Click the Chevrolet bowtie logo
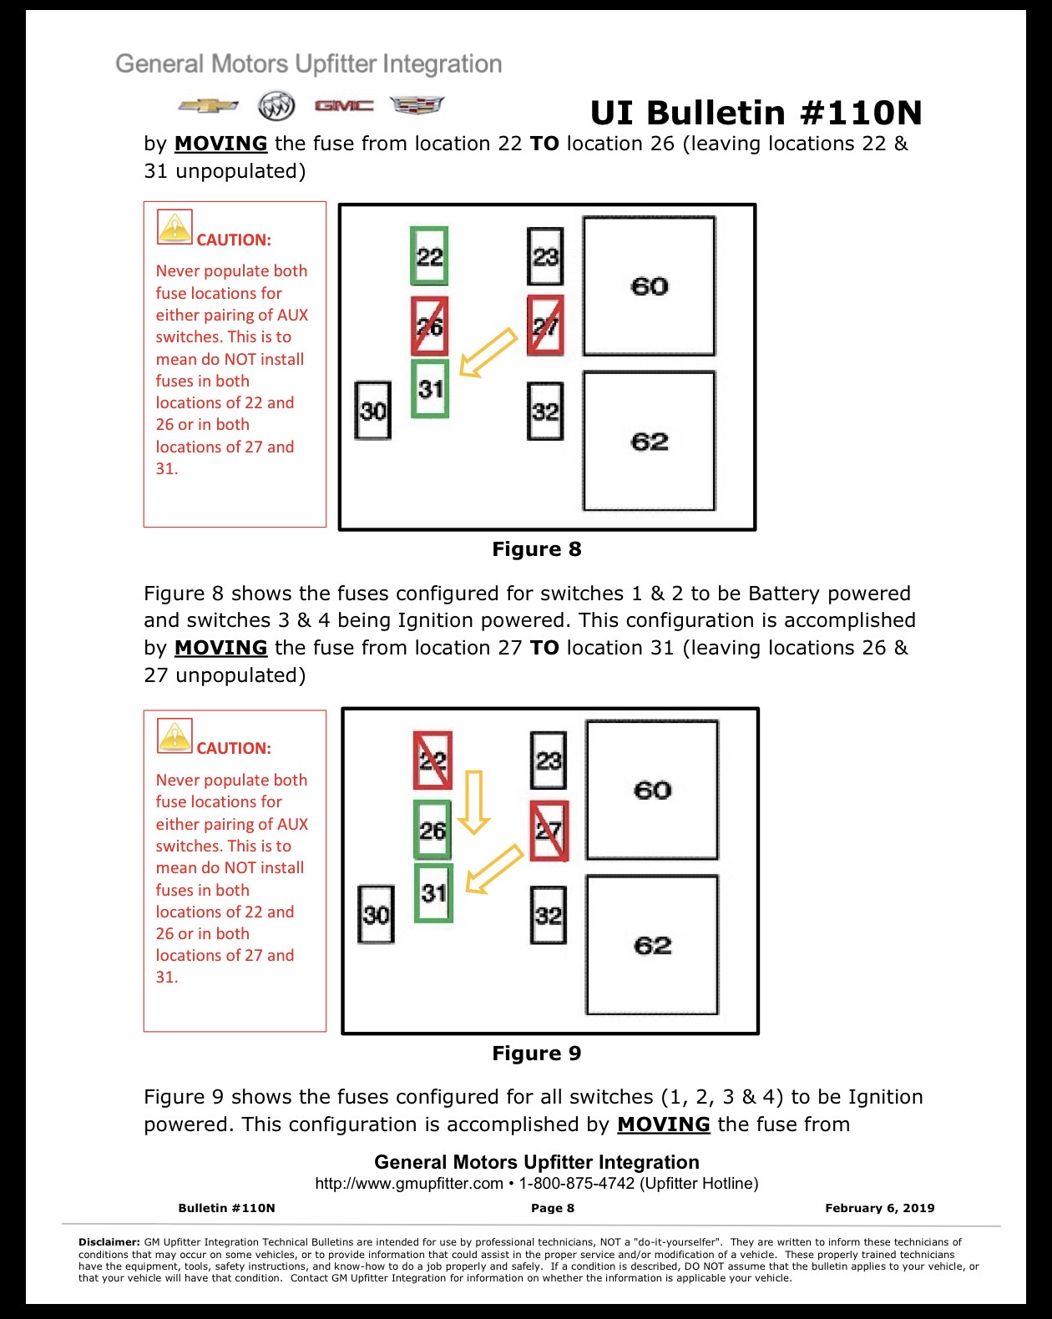click(x=209, y=106)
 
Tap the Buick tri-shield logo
click(x=276, y=106)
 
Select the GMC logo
click(x=344, y=106)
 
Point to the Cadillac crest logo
click(x=417, y=105)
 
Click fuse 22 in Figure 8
click(x=429, y=255)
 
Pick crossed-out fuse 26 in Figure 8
click(x=429, y=326)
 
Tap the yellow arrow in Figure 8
click(x=488, y=352)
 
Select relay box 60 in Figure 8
click(x=650, y=286)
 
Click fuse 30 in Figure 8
click(x=372, y=410)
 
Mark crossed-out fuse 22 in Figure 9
click(x=432, y=760)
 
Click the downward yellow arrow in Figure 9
click(x=474, y=801)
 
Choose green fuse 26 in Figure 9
click(x=432, y=830)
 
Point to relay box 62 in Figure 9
click(x=652, y=945)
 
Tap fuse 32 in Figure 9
click(x=548, y=915)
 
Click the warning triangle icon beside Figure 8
click(x=174, y=227)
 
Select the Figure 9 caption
click(x=536, y=1053)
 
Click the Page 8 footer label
click(x=553, y=1208)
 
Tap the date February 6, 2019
click(x=880, y=1208)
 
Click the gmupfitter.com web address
click(x=409, y=1184)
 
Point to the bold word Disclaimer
click(x=109, y=1241)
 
